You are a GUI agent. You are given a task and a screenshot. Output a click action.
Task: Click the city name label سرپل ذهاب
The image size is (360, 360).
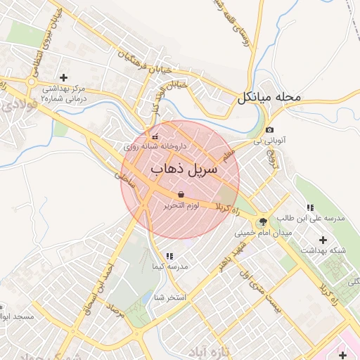pyautogui.click(x=184, y=169)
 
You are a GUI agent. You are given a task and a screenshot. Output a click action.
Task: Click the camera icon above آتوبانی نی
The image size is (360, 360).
pyautogui.click(x=269, y=130)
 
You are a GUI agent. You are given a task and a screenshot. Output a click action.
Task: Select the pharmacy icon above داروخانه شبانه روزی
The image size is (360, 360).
pyautogui.click(x=155, y=136)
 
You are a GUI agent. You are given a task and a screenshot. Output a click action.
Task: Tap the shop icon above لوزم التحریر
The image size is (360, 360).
pyautogui.click(x=181, y=194)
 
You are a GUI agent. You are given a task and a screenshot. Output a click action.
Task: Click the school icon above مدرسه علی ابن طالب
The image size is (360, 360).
pyautogui.click(x=309, y=207)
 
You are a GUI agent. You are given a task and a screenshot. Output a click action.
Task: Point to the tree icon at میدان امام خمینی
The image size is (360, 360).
pyautogui.click(x=263, y=221)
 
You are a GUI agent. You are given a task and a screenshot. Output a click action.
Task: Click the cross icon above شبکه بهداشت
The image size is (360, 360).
pyautogui.click(x=323, y=240)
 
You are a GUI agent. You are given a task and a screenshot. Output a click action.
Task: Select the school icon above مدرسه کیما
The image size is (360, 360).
pyautogui.click(x=169, y=256)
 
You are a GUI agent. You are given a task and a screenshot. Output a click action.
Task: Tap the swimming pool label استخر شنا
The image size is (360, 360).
pyautogui.click(x=169, y=297)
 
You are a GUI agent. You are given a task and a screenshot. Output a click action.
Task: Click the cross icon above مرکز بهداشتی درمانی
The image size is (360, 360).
pyautogui.click(x=63, y=77)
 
